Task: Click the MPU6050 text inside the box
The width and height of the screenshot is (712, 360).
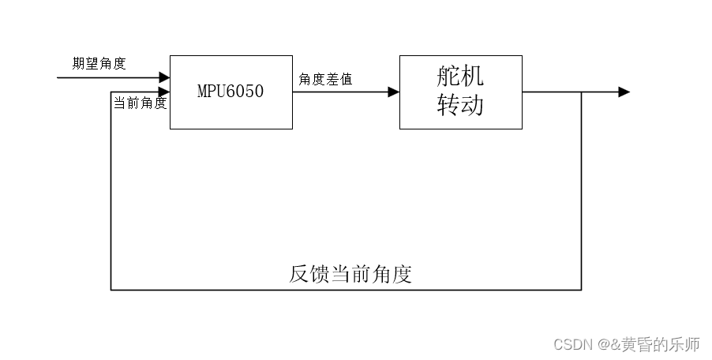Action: click(x=230, y=92)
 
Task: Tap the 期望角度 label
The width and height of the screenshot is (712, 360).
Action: click(x=99, y=64)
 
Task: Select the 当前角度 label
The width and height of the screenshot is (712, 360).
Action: click(x=140, y=103)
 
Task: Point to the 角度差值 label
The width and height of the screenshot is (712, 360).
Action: click(x=325, y=79)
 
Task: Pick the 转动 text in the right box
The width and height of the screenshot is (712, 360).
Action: click(x=460, y=105)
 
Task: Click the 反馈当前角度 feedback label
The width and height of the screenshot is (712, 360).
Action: click(x=350, y=275)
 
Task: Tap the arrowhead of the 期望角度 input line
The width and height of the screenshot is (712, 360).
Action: click(x=164, y=77)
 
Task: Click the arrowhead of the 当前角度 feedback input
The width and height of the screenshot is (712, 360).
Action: click(x=164, y=92)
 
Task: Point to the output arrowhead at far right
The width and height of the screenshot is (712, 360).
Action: click(x=624, y=92)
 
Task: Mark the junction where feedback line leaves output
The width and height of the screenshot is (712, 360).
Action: click(x=582, y=92)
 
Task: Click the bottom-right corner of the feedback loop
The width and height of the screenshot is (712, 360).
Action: click(x=582, y=290)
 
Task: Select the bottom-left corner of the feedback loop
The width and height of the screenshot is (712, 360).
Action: click(x=111, y=290)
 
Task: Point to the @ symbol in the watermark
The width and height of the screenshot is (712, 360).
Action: click(x=603, y=344)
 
